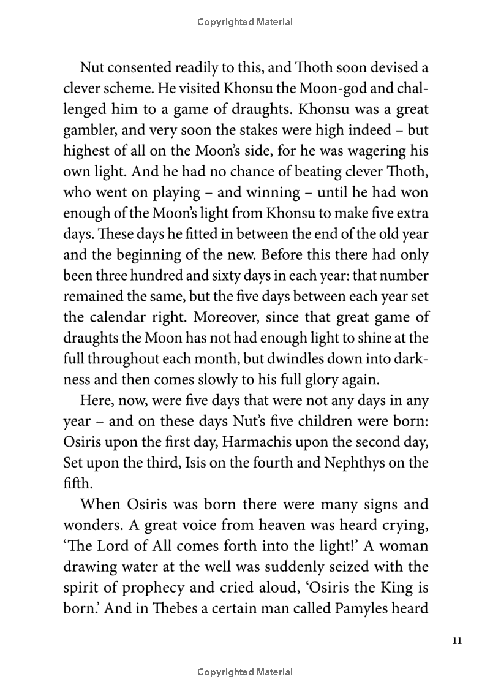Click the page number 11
coord(456,641)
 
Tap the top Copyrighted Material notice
coord(245,22)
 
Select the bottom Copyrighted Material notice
coord(245,672)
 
